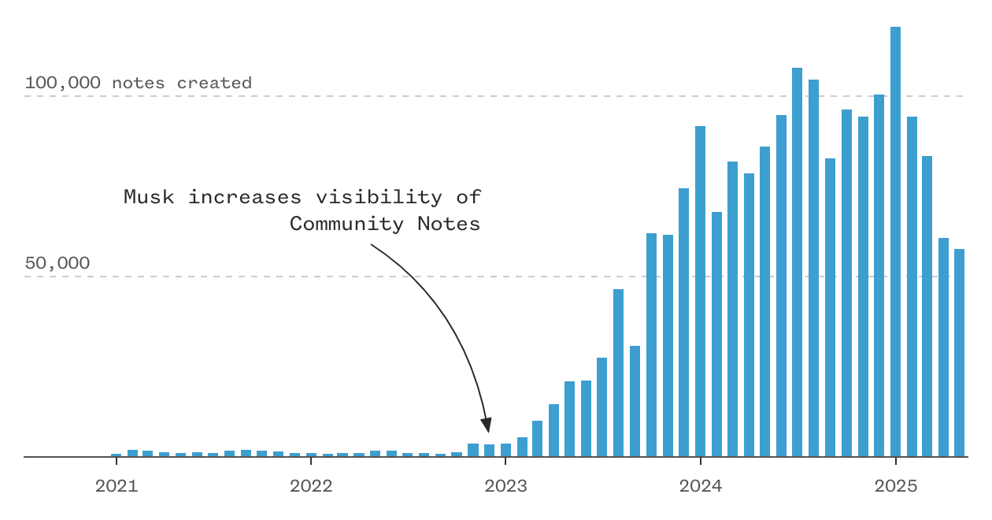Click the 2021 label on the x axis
(117, 486)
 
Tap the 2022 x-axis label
(311, 486)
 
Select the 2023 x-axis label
(505, 486)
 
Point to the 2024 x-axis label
(701, 486)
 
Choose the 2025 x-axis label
(896, 486)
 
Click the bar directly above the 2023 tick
(505, 450)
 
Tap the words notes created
(182, 83)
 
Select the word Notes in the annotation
(449, 224)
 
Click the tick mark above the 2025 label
(896, 461)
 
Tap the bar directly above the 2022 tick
(311, 455)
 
